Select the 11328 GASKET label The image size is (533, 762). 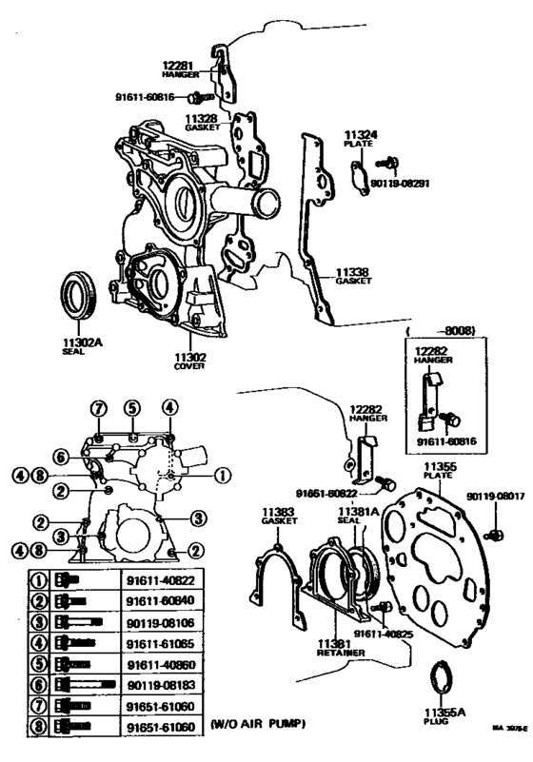tap(202, 121)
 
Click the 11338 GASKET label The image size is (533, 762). tap(352, 276)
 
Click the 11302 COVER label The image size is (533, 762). tap(190, 362)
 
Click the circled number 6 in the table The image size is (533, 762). tap(40, 684)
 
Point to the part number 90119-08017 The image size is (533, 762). tap(493, 496)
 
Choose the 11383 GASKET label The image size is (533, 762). tap(278, 516)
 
